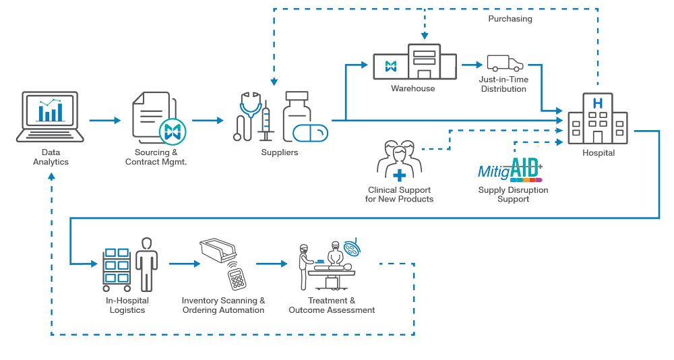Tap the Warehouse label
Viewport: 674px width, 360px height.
(x=412, y=89)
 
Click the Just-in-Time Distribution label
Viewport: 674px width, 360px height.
(x=504, y=85)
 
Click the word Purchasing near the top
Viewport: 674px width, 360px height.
(x=510, y=20)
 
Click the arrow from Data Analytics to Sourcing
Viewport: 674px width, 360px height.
(x=104, y=121)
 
